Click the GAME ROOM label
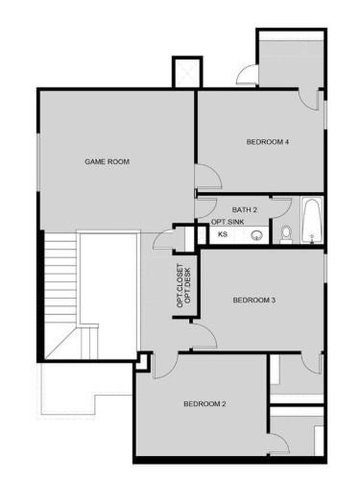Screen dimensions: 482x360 (107, 161)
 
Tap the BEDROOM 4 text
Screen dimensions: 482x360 (268, 142)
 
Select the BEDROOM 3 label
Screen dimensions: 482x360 (254, 301)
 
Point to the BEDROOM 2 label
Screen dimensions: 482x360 (204, 403)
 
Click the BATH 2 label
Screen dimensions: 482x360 (245, 208)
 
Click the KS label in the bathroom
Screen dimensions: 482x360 (222, 233)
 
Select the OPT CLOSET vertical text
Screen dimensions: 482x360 (179, 285)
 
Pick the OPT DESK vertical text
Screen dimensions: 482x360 (188, 285)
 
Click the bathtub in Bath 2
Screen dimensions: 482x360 (312, 222)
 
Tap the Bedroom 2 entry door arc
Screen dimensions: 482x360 (161, 361)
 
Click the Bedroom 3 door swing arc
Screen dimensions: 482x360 (203, 337)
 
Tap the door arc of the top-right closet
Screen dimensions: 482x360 (246, 74)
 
